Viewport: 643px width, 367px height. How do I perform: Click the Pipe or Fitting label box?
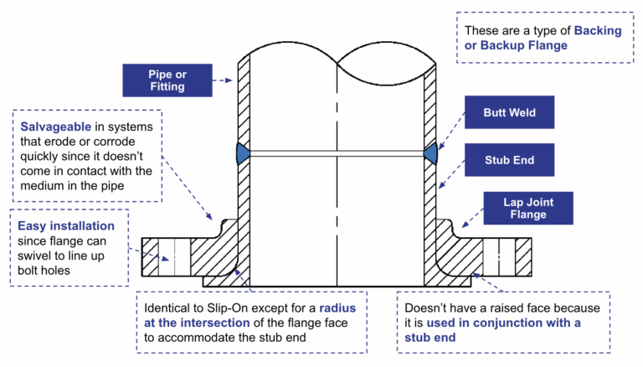[x=166, y=80]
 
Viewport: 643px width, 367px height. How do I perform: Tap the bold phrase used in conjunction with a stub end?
[x=502, y=330]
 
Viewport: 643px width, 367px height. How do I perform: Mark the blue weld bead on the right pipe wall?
[x=431, y=152]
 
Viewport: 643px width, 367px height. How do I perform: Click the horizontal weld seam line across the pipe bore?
[x=335, y=152]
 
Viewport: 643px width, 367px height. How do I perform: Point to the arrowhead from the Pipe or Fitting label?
[x=229, y=81]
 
